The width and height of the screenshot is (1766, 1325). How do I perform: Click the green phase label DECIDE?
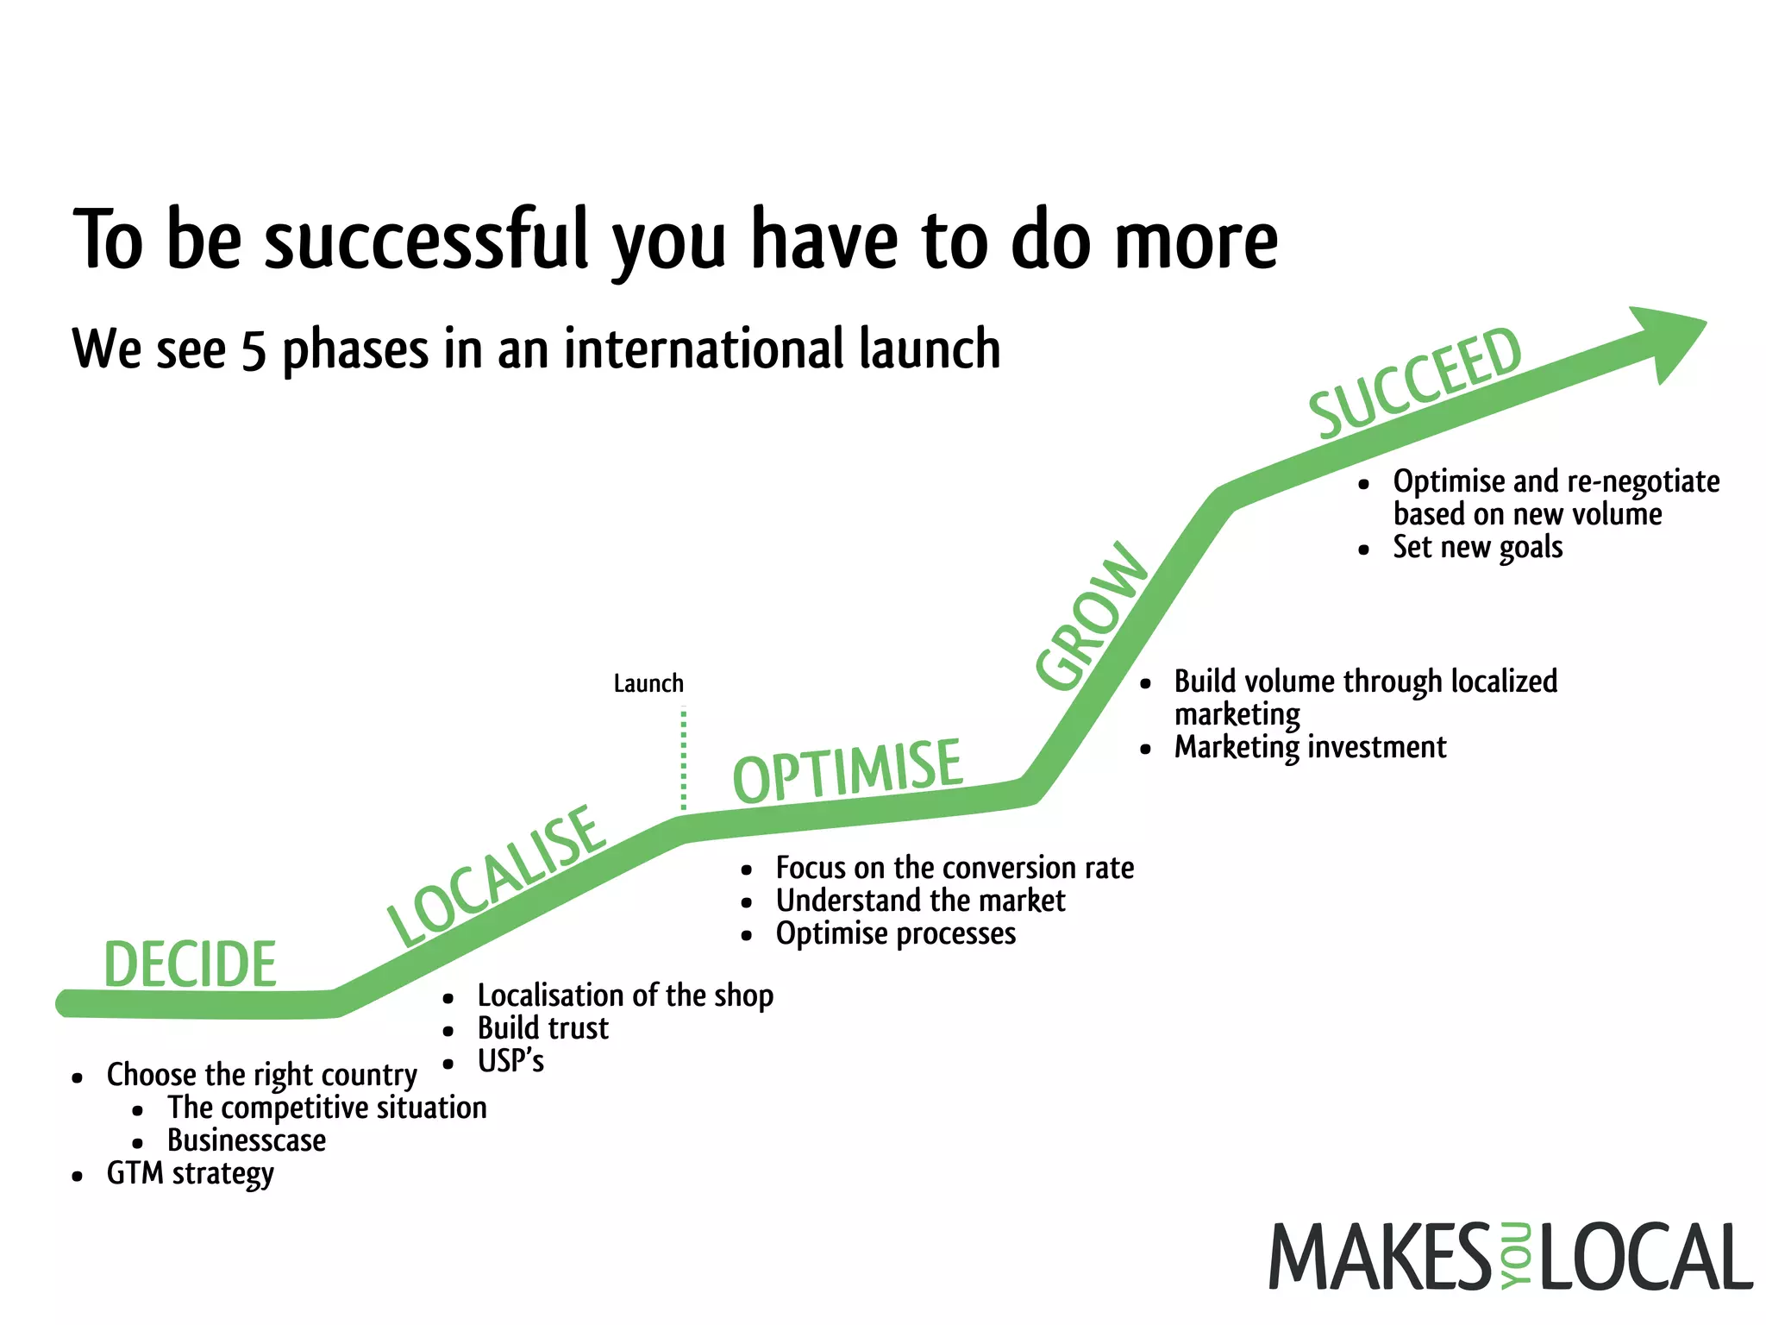click(x=190, y=964)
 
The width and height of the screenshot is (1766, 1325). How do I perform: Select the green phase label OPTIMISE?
click(x=847, y=770)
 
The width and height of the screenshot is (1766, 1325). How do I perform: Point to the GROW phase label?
click(x=1092, y=616)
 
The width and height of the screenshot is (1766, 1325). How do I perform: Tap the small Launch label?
click(x=648, y=684)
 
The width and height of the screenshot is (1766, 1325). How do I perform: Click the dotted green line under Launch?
click(x=684, y=759)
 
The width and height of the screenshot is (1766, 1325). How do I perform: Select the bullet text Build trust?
click(x=542, y=1028)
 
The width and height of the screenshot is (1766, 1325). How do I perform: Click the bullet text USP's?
click(x=510, y=1061)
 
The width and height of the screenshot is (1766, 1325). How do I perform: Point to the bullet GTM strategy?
click(x=190, y=1174)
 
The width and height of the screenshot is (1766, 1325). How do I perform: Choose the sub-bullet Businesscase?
click(x=247, y=1141)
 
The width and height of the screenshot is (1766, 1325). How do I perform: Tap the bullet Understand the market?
click(x=920, y=901)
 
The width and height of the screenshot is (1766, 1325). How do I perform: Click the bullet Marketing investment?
click(x=1310, y=747)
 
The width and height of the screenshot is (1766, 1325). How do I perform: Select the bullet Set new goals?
click(x=1477, y=548)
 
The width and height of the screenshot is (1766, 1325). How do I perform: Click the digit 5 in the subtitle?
click(x=254, y=351)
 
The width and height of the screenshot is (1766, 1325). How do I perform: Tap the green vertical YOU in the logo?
click(x=1515, y=1257)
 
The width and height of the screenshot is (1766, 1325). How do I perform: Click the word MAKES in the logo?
click(x=1380, y=1257)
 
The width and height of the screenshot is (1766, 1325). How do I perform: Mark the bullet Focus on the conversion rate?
click(x=955, y=868)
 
